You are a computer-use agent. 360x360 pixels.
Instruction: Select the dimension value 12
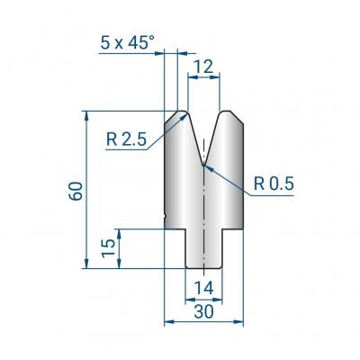point(203,67)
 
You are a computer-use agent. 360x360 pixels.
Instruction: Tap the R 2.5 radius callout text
point(126,139)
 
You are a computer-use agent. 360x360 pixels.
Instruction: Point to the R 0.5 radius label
point(274,184)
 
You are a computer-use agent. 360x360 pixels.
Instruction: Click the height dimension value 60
point(76,191)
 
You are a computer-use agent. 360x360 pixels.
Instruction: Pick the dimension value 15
point(108,248)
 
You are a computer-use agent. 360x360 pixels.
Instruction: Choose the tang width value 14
point(203,288)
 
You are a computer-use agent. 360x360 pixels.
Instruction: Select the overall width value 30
point(203,311)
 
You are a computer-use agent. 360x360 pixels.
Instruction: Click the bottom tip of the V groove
point(203,165)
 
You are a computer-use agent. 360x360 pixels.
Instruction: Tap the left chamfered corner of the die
point(171,117)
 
